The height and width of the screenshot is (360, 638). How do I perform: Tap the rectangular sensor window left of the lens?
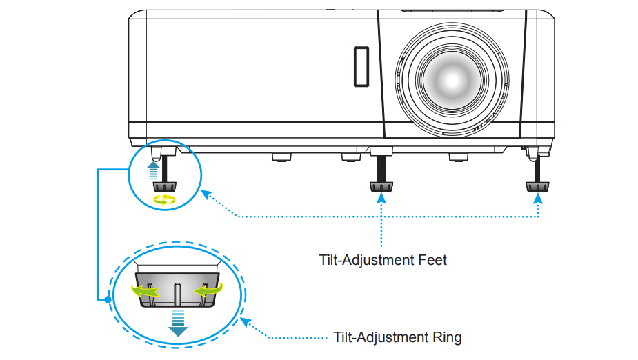[x=360, y=66]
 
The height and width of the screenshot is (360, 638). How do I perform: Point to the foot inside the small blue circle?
[x=163, y=185]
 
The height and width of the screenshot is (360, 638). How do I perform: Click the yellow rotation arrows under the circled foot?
[x=164, y=199]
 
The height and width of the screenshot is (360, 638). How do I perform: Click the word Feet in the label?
[x=432, y=260]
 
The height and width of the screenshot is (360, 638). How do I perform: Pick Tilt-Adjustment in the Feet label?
[x=368, y=260]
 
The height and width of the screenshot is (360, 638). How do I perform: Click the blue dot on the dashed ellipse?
[x=108, y=299]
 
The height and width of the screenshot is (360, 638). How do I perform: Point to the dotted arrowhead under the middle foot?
[x=380, y=199]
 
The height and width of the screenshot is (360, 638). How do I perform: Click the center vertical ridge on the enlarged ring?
[x=177, y=294]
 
